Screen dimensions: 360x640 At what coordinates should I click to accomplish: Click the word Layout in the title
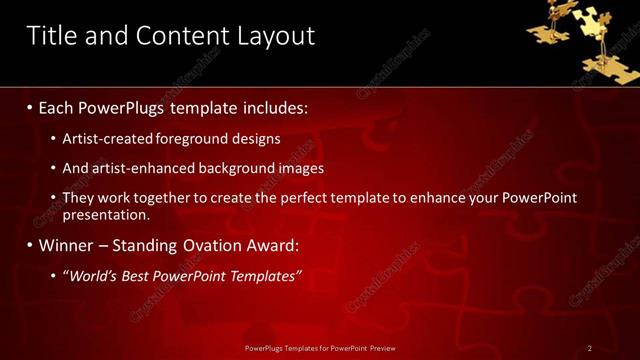pyautogui.click(x=272, y=36)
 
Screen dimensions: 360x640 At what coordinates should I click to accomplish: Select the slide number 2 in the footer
pyautogui.click(x=590, y=348)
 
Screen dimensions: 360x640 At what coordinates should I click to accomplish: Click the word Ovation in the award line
pyautogui.click(x=200, y=245)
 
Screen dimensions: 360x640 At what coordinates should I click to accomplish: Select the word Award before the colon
pyautogui.click(x=265, y=245)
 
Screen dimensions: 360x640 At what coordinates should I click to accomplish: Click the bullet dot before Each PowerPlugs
pyautogui.click(x=29, y=107)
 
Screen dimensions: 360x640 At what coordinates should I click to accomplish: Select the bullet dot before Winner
pyautogui.click(x=29, y=245)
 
